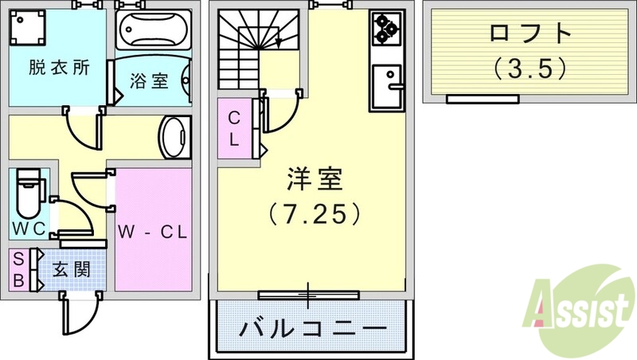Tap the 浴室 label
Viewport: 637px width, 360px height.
pos(150,80)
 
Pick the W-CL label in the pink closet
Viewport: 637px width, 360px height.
pos(152,233)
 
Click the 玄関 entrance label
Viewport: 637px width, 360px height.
pos(71,269)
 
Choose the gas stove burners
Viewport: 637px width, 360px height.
pos(385,29)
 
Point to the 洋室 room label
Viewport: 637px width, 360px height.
pos(315,181)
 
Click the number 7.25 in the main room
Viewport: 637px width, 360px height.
pos(315,213)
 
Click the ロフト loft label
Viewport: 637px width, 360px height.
pos(530,33)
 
